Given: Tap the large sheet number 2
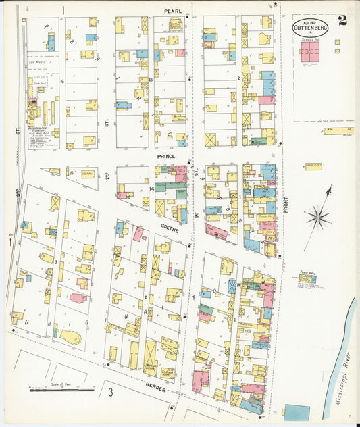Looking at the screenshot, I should pos(343,20).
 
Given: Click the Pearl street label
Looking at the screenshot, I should pos(174,11).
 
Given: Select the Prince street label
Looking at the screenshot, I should pos(166,156).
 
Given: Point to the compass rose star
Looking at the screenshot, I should pos(316,218).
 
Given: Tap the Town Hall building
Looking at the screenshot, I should pos(308,278).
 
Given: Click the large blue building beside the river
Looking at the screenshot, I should pos(297,412).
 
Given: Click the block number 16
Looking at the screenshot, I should pos(61,81).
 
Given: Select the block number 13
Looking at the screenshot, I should pos(151,79).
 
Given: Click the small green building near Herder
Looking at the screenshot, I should pos(55,332).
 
